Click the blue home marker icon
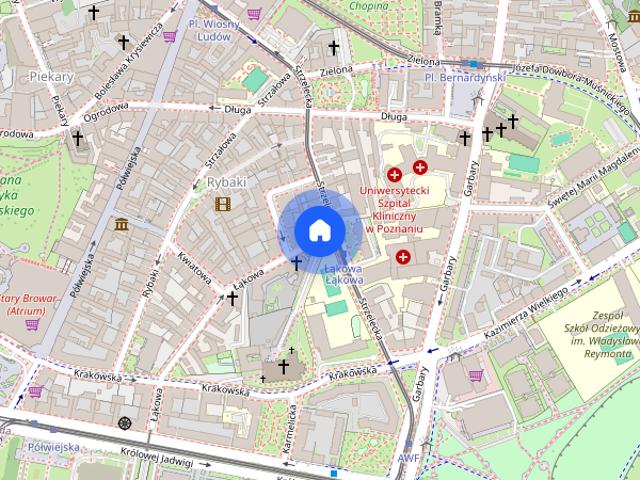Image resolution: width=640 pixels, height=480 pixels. coord(319,230)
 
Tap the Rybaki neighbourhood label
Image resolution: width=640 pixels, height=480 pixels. coord(225,183)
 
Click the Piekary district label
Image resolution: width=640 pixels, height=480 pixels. coord(53,76)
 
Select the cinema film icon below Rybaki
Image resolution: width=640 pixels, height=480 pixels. coord(222,204)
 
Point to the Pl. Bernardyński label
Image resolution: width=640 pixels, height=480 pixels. coord(463,77)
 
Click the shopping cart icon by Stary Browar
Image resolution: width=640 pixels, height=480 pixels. coord(33,324)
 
